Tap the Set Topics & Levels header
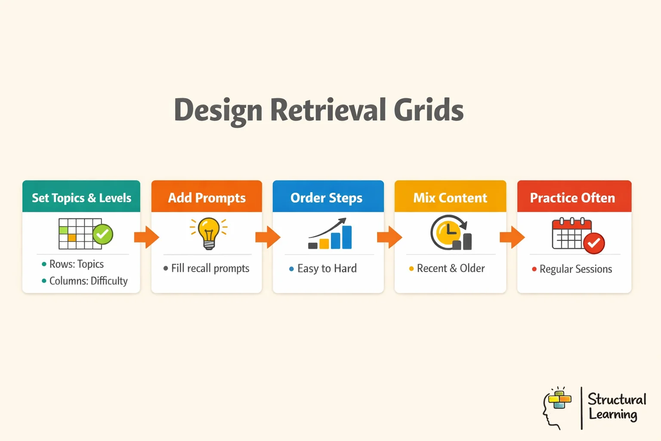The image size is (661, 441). (x=81, y=198)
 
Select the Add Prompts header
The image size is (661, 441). (x=207, y=198)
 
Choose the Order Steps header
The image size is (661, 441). (x=327, y=198)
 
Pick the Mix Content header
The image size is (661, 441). (x=450, y=198)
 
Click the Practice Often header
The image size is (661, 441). (x=572, y=198)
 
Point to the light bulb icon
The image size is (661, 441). (x=209, y=233)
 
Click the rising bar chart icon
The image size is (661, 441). (x=330, y=235)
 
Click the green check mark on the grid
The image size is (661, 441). (x=102, y=234)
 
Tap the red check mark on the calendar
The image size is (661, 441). (x=594, y=243)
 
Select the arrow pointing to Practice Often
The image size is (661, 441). (x=512, y=237)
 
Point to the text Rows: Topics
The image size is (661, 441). (x=76, y=264)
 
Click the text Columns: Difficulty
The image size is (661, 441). (x=88, y=281)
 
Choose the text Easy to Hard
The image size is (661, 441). (x=327, y=269)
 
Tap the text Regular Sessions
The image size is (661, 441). (x=575, y=269)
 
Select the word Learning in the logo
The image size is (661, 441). (x=613, y=414)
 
